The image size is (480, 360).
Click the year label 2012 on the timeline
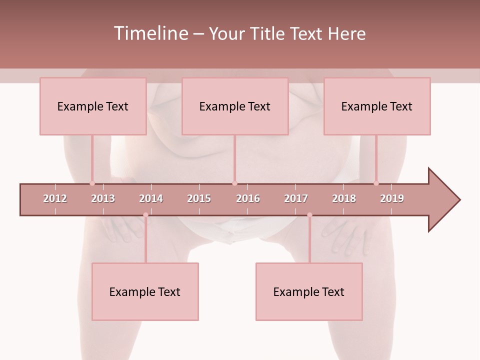point(55,198)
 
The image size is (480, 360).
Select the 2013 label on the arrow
point(103,198)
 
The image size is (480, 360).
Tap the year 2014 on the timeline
point(151,198)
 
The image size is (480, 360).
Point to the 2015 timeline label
point(199,198)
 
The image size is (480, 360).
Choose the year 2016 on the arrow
point(248,198)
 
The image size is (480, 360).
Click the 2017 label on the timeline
point(296,198)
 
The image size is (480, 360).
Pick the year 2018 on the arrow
point(344,198)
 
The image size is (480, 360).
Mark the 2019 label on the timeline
point(392,198)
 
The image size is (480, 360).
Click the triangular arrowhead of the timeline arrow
point(443,200)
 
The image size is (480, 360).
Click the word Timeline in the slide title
point(150,33)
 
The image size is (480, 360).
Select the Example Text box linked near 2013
point(93,106)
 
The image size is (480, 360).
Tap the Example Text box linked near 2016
point(235,106)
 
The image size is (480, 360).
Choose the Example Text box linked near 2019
point(377,106)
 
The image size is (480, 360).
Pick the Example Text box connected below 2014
point(145,291)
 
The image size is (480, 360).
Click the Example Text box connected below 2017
point(309,291)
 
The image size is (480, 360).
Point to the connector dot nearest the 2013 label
point(92,183)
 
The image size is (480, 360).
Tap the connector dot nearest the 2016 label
point(235,183)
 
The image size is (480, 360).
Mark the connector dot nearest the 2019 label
point(376,183)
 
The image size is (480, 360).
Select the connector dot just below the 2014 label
point(145,215)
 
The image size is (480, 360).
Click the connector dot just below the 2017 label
point(309,215)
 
